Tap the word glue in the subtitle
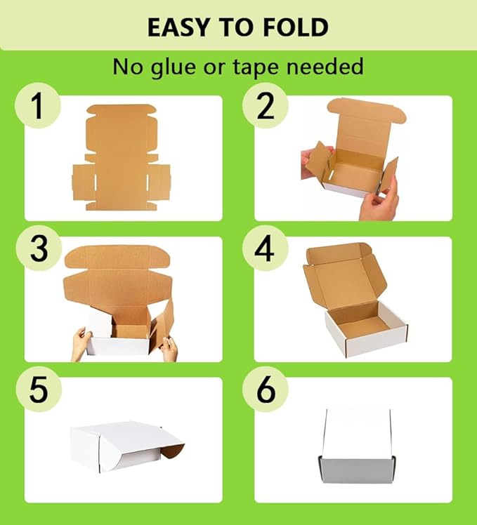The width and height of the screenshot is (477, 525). (x=184, y=67)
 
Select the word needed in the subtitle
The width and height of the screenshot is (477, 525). (x=329, y=67)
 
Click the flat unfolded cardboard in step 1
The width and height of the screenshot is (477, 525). (x=121, y=158)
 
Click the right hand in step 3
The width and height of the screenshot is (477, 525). (x=169, y=347)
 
